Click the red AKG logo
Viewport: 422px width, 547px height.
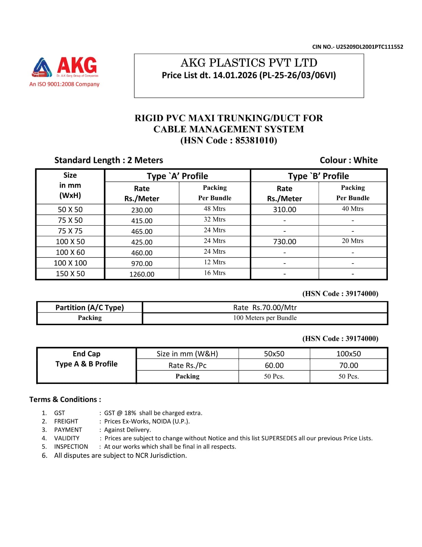[65, 67]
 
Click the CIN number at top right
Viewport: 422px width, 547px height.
[357, 47]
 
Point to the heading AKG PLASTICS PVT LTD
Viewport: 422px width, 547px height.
[249, 63]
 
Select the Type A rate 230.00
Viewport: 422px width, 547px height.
[142, 210]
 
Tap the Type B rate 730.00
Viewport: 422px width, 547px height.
[284, 242]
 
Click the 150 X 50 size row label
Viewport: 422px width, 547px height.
[70, 274]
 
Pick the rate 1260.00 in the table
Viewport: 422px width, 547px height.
[142, 274]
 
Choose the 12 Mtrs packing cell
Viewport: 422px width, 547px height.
[214, 262]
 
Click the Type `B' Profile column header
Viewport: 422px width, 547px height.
[318, 176]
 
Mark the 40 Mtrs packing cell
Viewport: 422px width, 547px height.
[352, 209]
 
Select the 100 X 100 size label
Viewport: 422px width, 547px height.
[70, 263]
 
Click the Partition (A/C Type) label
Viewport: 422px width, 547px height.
[89, 307]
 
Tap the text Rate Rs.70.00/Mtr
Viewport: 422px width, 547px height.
[265, 307]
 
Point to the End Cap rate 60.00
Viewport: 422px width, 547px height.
[274, 365]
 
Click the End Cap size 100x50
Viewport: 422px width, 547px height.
[348, 354]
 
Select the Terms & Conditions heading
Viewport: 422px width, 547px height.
[65, 399]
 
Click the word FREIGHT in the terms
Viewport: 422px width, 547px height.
[66, 421]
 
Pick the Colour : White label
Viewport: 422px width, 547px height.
[349, 160]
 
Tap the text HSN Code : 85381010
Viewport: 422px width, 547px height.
[228, 141]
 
